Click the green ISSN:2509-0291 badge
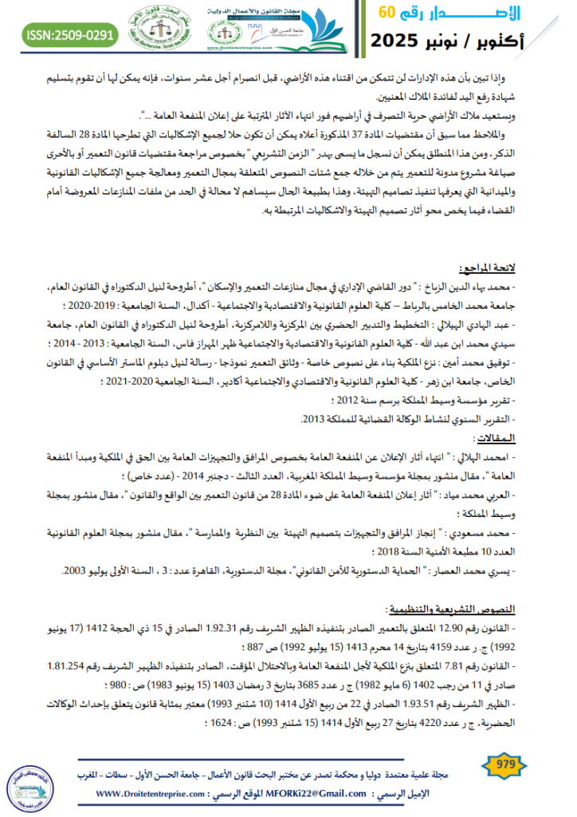coord(69,34)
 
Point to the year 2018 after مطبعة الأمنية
coord(386,553)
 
